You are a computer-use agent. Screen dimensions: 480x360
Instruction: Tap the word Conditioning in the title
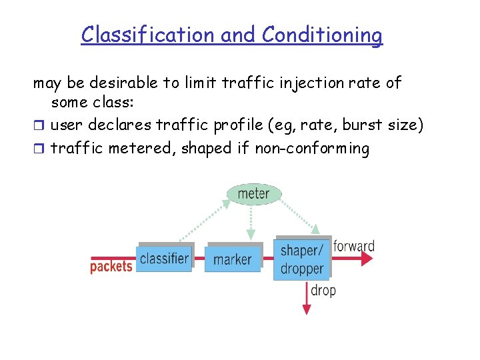[323, 35]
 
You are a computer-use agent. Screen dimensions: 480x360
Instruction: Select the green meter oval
[253, 194]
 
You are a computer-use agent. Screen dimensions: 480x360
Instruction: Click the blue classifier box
[165, 259]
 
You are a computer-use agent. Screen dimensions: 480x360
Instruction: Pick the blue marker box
[233, 259]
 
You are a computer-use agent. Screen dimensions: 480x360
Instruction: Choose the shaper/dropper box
[302, 259]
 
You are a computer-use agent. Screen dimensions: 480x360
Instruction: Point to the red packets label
[111, 267]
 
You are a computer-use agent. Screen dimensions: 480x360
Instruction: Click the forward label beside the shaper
[354, 246]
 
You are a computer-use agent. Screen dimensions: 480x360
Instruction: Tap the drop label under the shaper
[323, 291]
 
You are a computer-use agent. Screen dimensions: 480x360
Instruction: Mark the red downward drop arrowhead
[307, 309]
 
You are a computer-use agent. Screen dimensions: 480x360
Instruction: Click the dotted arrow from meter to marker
[251, 220]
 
